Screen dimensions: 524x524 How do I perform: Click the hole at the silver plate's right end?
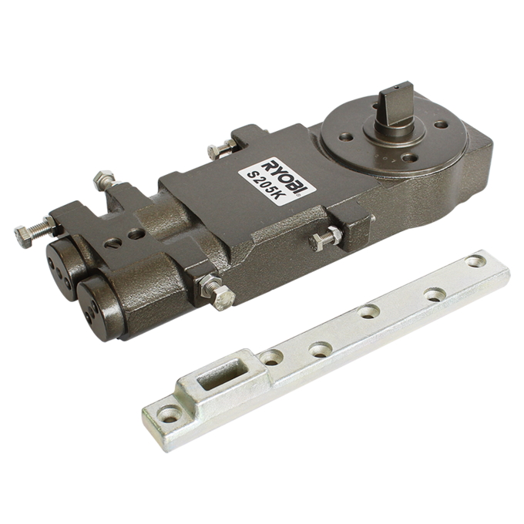tap(476, 261)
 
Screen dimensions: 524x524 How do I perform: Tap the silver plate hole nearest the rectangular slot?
tap(271, 358)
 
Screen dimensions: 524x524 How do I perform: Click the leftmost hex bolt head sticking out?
tap(23, 237)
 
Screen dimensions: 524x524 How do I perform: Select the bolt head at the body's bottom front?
tap(223, 298)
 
